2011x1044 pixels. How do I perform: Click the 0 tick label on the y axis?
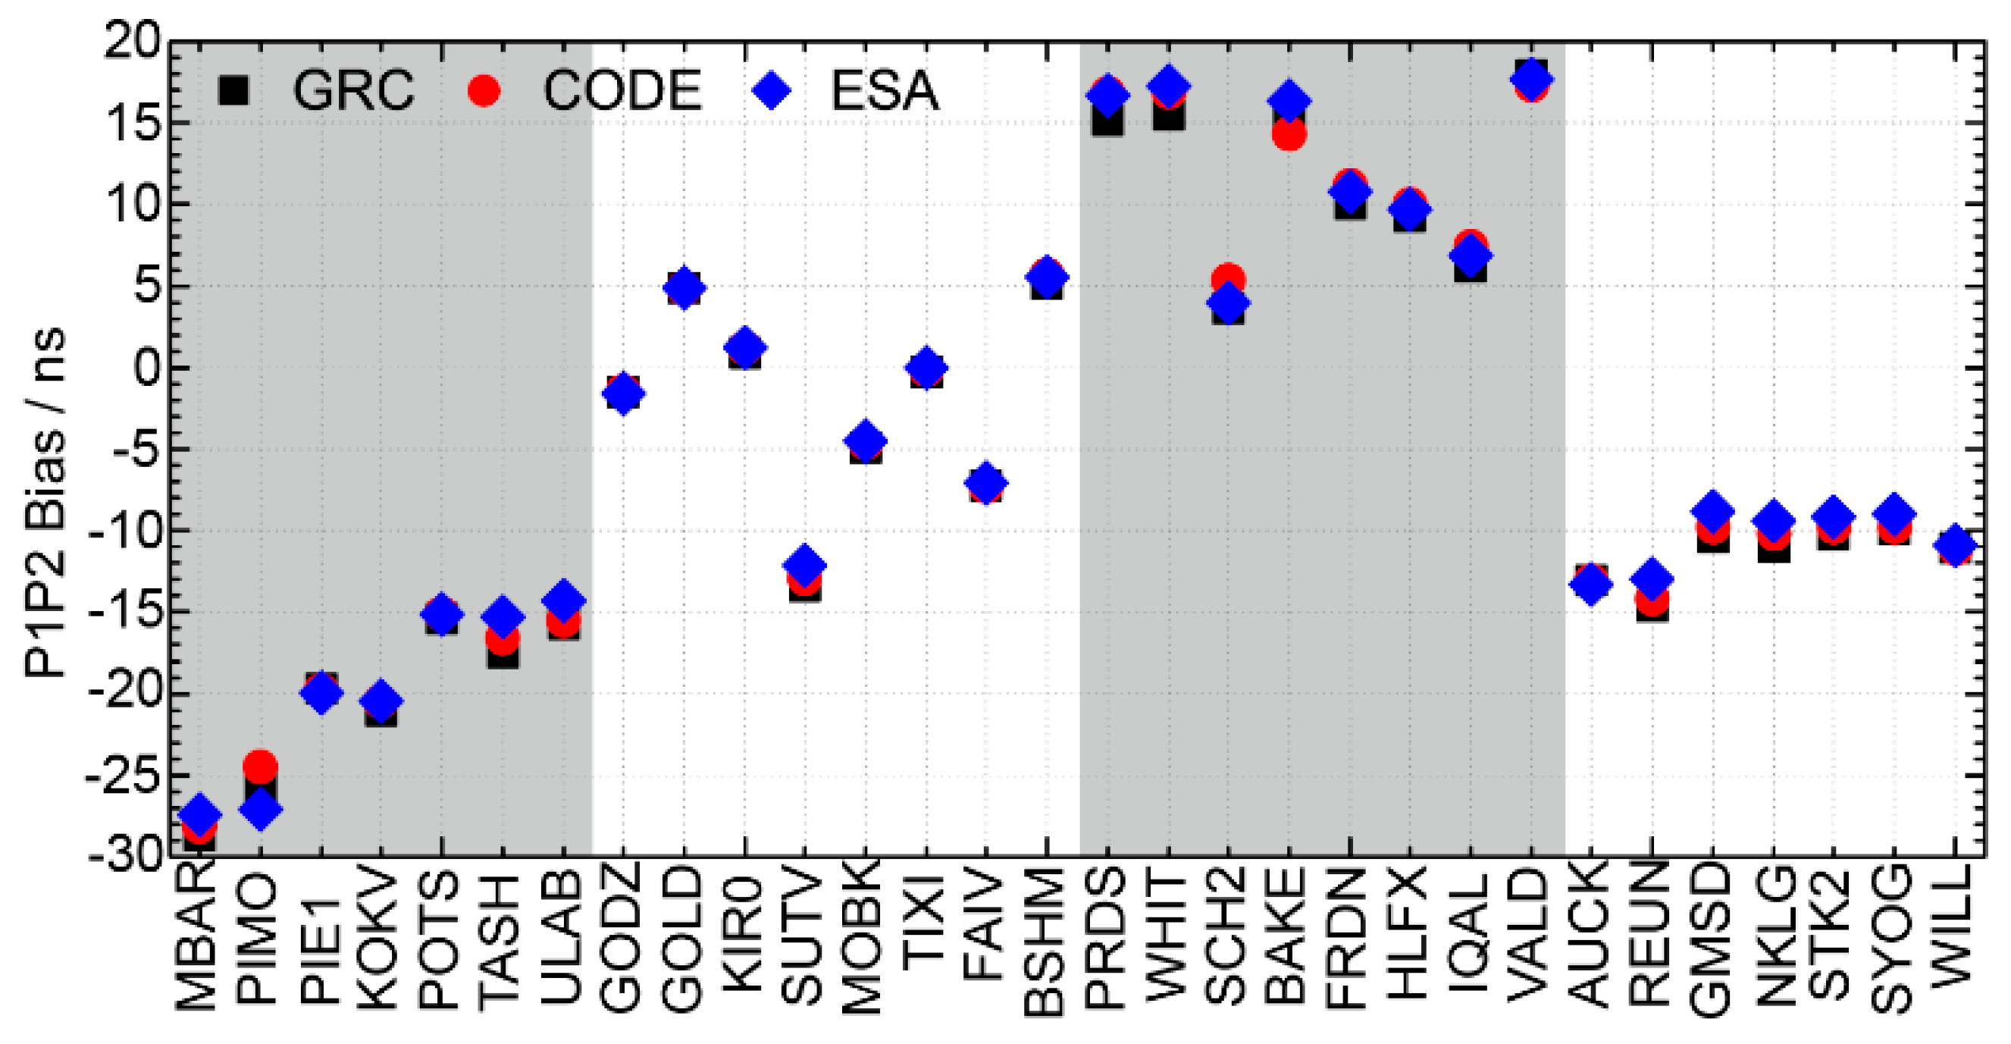click(146, 367)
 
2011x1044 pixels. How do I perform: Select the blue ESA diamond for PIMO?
click(260, 810)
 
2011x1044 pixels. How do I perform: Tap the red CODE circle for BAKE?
click(1288, 135)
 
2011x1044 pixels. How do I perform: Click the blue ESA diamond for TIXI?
click(926, 367)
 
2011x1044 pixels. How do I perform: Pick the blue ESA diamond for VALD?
click(1531, 79)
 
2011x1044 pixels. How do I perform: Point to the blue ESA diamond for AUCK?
click(1591, 583)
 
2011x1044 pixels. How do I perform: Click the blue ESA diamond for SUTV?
click(804, 564)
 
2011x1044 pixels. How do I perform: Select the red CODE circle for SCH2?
click(1228, 278)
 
